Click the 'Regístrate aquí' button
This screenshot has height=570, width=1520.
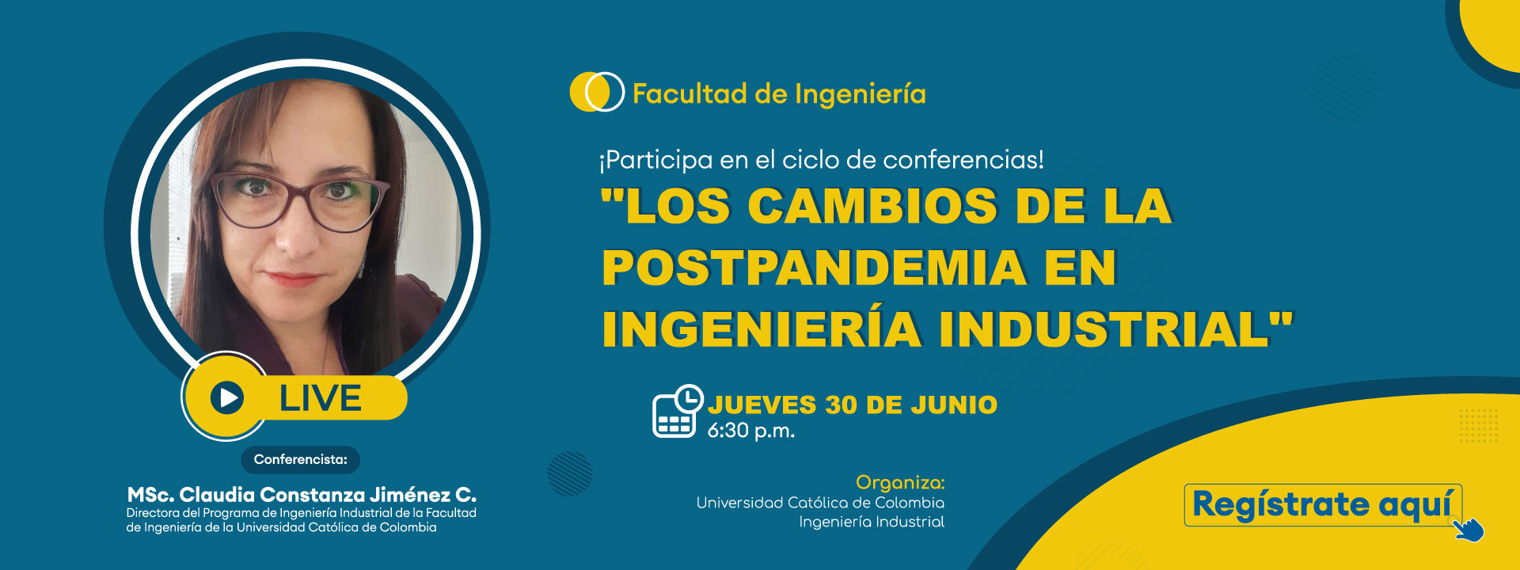(x=1322, y=505)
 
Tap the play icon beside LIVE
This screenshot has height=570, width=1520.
(x=227, y=397)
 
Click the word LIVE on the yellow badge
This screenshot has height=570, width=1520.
(x=321, y=397)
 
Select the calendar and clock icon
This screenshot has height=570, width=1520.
(x=677, y=411)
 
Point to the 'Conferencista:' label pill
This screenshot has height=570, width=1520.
(x=301, y=459)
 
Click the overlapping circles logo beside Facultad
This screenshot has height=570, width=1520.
(x=597, y=92)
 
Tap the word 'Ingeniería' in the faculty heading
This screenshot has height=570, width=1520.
(x=860, y=94)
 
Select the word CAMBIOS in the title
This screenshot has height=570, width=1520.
(x=873, y=206)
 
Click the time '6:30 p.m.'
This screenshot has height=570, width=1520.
(x=750, y=431)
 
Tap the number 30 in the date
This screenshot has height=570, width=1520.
(x=841, y=405)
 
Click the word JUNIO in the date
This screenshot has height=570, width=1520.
(x=954, y=405)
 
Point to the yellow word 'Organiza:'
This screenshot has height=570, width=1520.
(x=900, y=483)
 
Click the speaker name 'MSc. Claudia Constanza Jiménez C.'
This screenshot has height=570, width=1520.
(x=302, y=495)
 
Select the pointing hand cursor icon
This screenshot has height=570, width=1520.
(x=1469, y=529)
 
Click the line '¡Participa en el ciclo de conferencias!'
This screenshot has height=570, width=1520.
(x=822, y=160)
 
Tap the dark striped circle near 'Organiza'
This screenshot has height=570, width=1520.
(x=570, y=473)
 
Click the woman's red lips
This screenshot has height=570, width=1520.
(x=294, y=279)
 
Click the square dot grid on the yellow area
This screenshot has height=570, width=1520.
(x=1479, y=426)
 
